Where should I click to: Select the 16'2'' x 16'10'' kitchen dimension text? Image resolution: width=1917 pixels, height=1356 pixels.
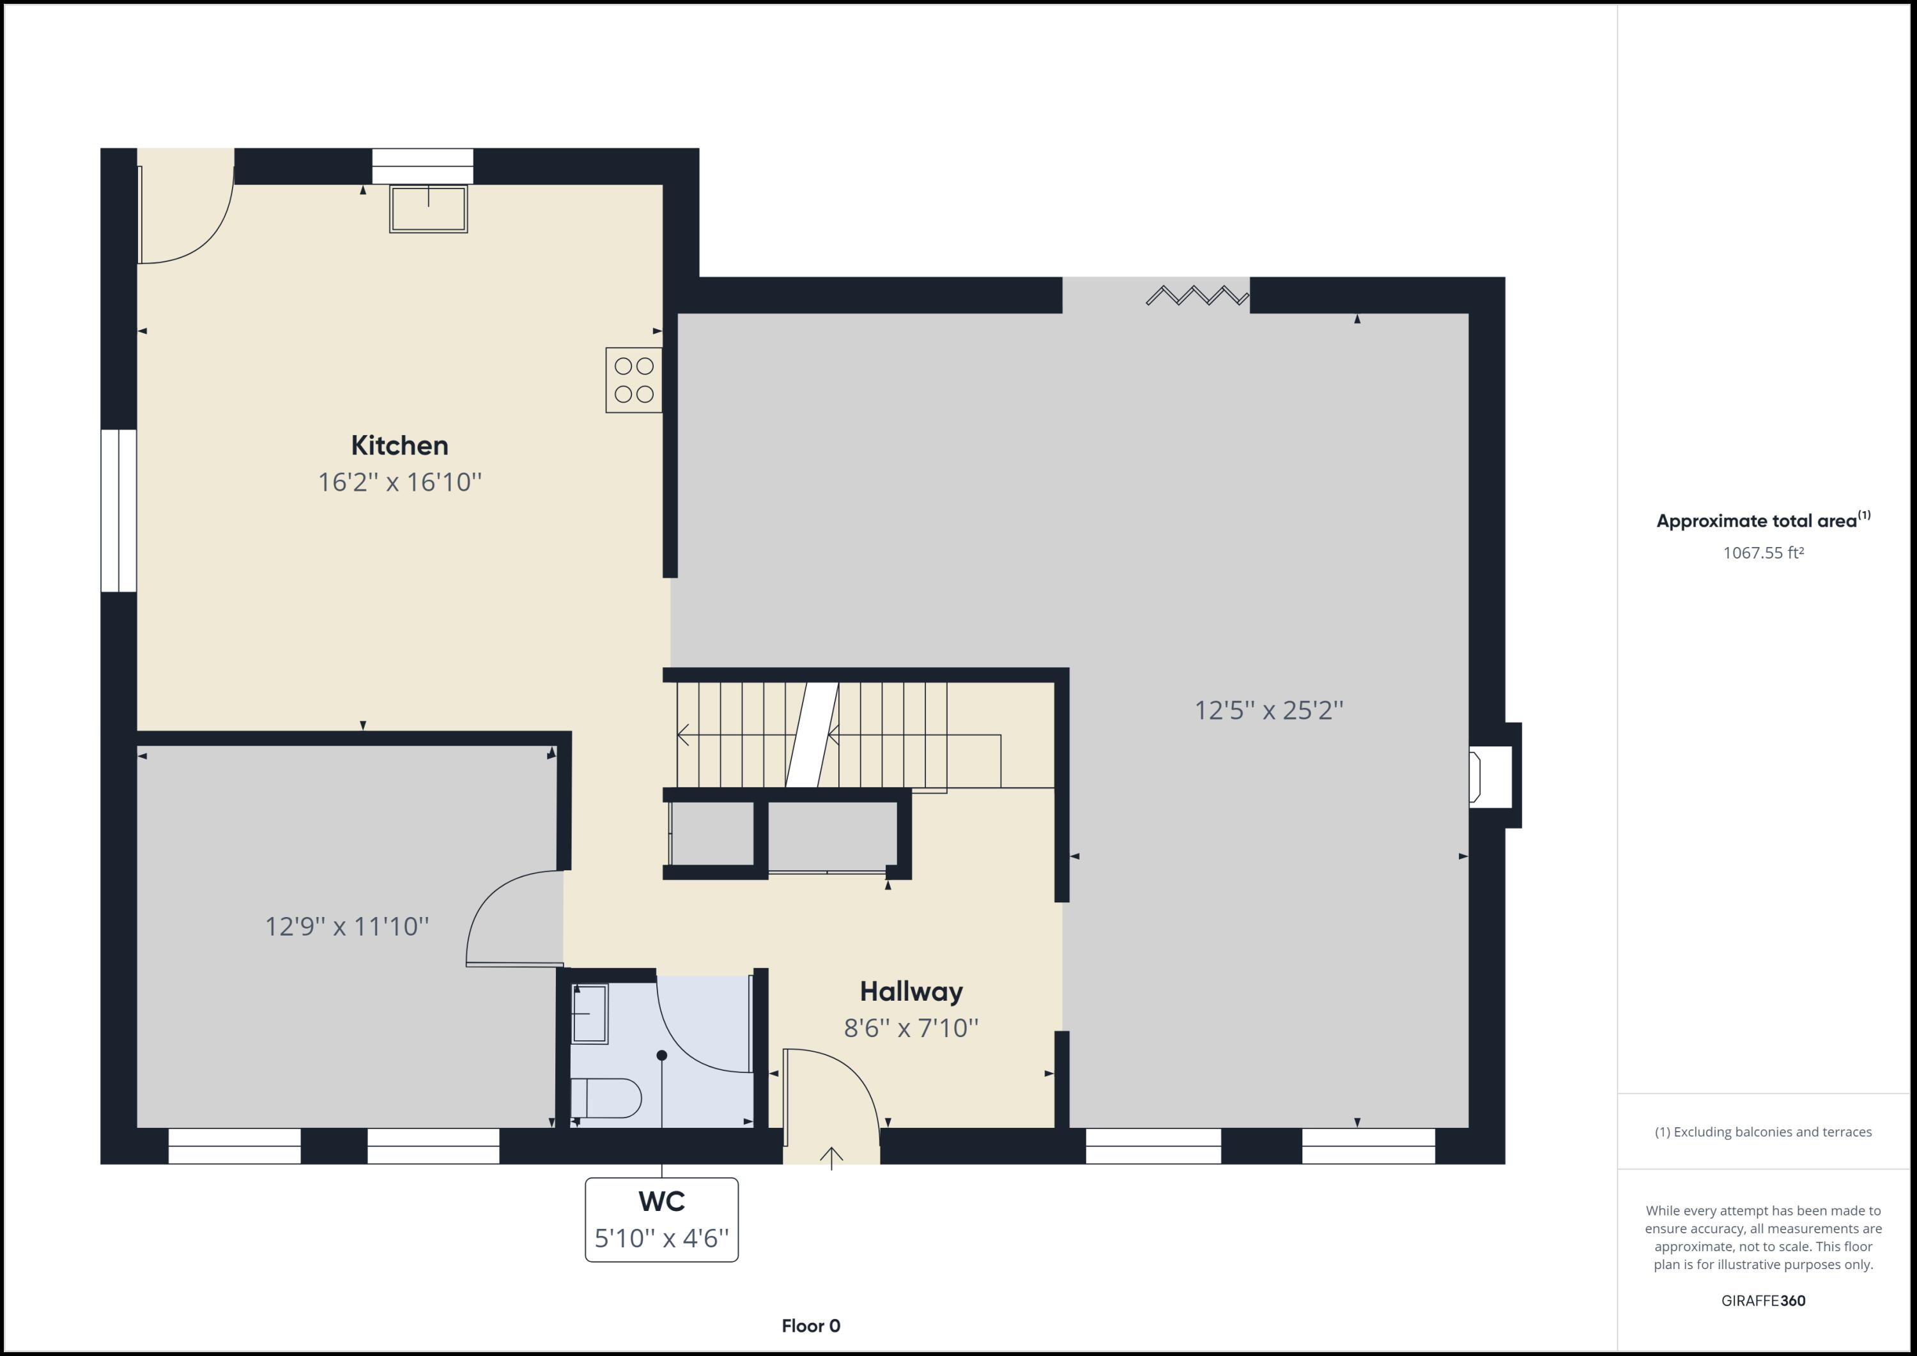coord(399,482)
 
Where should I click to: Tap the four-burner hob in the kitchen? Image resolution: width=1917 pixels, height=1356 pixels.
coord(634,380)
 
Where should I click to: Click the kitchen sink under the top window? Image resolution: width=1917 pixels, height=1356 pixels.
coord(428,208)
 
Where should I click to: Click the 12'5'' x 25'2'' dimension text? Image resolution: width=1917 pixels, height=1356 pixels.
coord(1268,711)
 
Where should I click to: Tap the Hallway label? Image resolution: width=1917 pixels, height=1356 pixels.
coord(911,992)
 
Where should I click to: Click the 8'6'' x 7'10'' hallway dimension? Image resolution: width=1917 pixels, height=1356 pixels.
coord(911,1028)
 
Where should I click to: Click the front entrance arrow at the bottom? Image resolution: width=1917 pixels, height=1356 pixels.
coord(831,1157)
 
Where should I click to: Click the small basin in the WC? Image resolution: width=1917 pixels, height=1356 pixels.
coord(589,1013)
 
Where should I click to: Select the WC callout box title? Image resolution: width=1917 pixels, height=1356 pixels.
coord(661,1201)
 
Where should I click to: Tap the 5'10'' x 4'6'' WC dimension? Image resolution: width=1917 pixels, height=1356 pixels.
coord(661,1238)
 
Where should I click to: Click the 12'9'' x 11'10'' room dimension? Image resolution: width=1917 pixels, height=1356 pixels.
coord(346,927)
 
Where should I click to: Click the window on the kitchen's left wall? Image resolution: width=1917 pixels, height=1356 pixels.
coord(119,511)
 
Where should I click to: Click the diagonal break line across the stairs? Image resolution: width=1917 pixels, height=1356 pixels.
coord(812,735)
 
